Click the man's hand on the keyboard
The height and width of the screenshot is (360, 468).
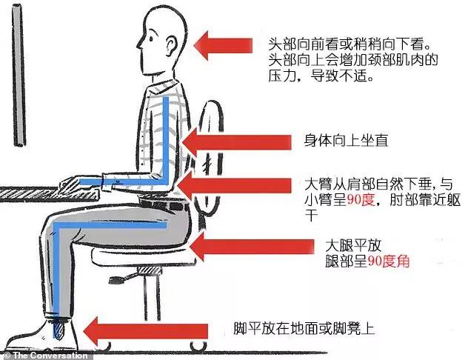click(x=74, y=182)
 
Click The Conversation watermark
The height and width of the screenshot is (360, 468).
click(x=44, y=355)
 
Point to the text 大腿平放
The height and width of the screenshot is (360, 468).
click(x=349, y=244)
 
